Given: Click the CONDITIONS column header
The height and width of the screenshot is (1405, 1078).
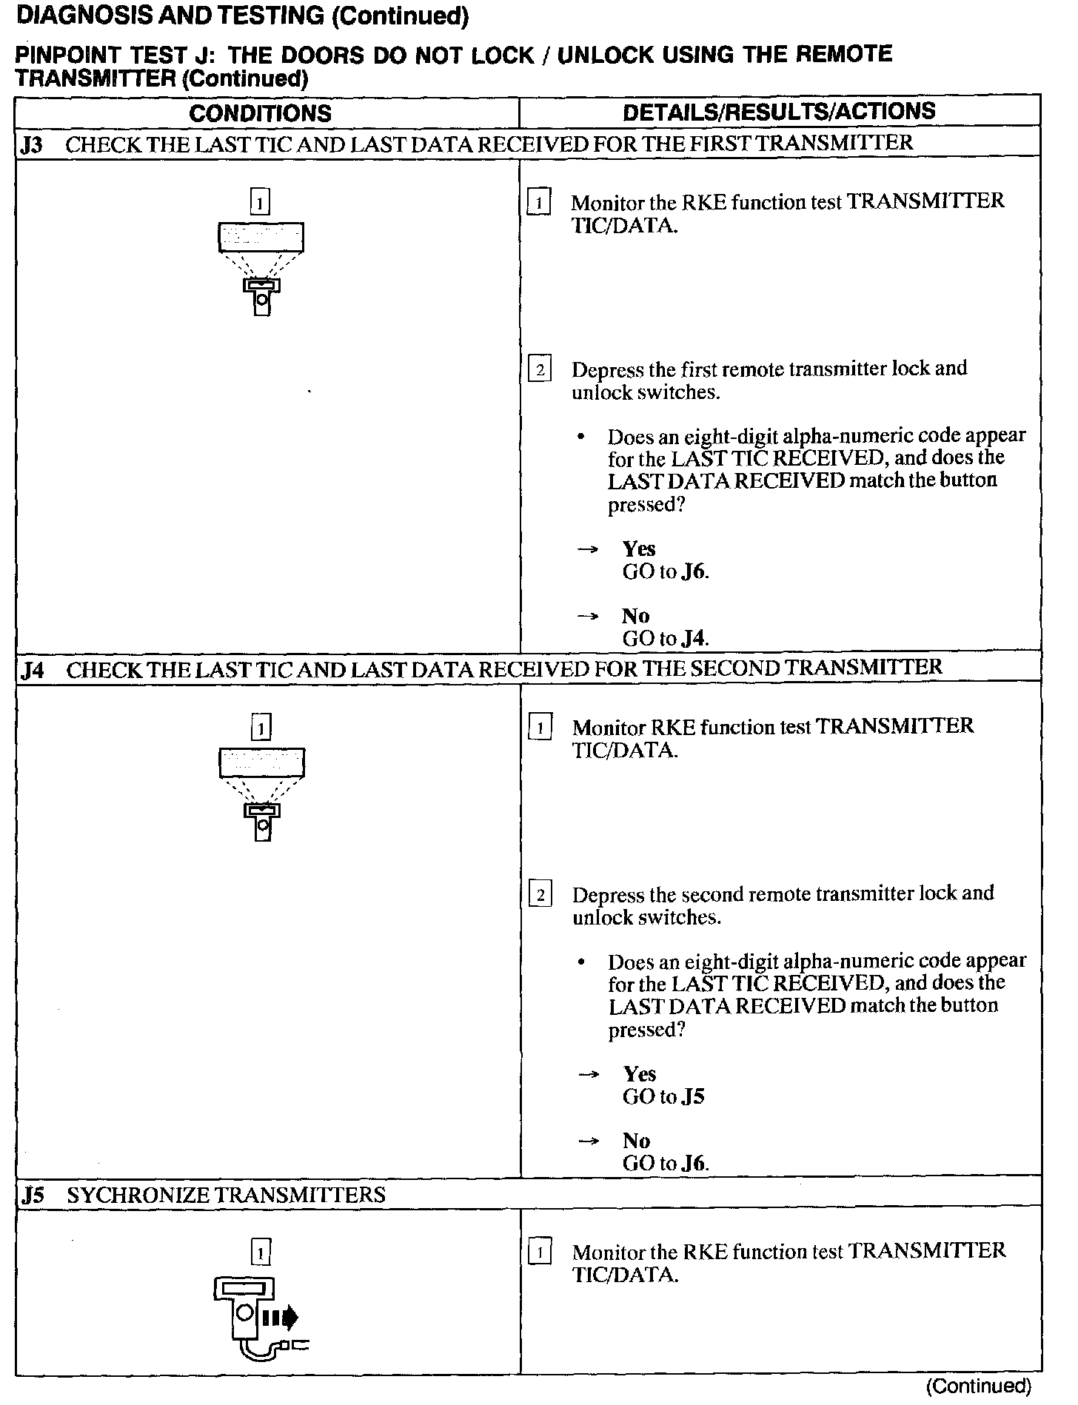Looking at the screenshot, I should [x=260, y=113].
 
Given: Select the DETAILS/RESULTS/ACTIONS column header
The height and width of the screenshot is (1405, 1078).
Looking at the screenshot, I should [x=779, y=112].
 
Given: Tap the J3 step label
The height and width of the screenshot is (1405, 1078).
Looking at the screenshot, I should [x=32, y=145].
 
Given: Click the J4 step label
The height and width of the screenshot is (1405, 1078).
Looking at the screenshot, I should [x=33, y=671].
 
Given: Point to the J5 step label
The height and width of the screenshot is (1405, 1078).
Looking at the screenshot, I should [x=33, y=1196].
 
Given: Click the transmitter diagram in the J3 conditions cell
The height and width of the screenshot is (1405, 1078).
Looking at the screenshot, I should [x=261, y=266].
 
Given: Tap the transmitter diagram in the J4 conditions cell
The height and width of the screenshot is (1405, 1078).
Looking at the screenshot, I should [x=261, y=793].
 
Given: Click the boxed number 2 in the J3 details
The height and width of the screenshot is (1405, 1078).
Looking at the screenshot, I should [x=540, y=369].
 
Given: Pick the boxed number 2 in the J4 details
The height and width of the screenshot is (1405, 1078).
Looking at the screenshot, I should [x=540, y=895].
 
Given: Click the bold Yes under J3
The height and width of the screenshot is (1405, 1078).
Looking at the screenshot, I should [x=639, y=549].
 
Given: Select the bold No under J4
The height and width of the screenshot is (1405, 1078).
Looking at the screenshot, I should [x=636, y=1141].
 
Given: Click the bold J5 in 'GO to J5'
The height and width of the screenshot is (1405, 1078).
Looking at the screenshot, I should [x=693, y=1096].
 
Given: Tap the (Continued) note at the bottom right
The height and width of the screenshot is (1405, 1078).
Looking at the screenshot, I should [x=978, y=1386].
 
